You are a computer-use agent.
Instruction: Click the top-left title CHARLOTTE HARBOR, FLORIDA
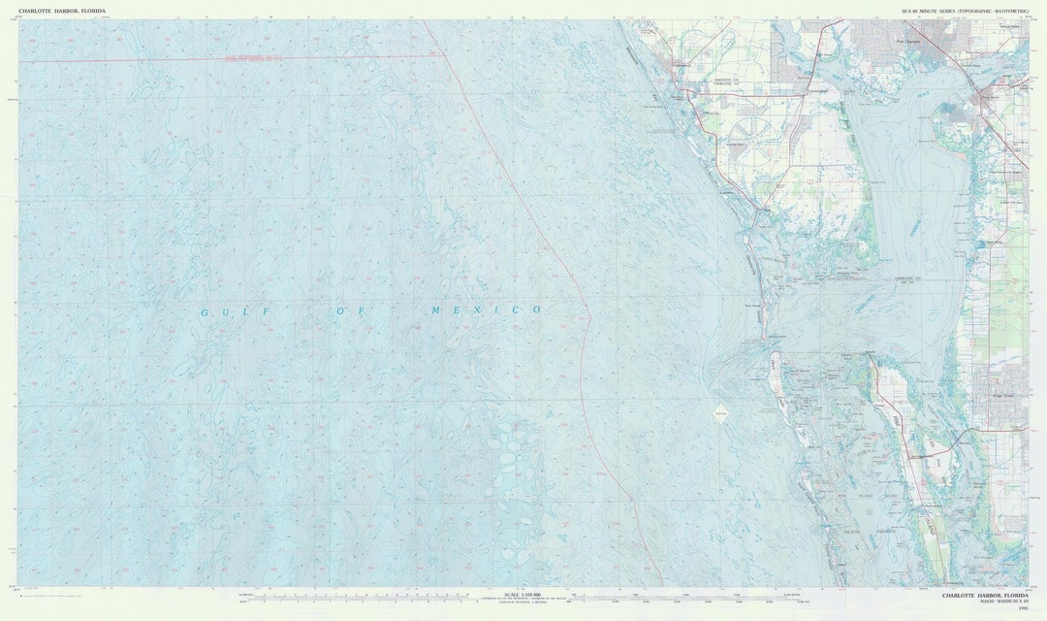61,11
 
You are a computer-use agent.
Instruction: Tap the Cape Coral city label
1002,396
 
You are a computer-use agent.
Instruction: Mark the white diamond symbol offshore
720,412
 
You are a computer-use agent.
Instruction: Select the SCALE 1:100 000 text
523,593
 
